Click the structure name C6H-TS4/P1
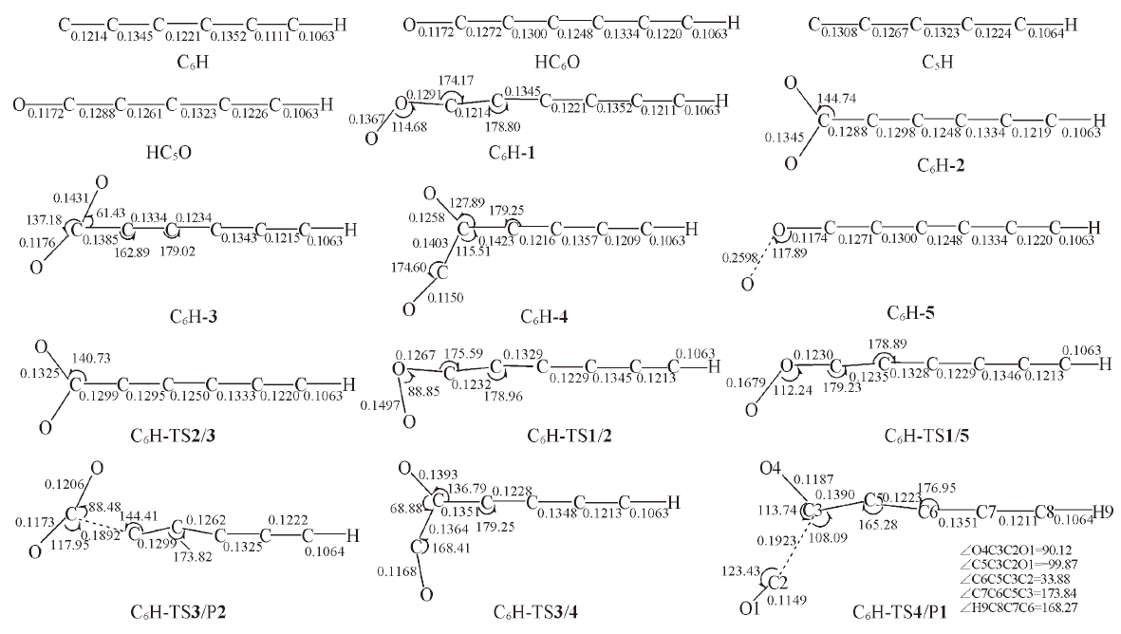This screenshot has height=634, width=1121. coord(899,612)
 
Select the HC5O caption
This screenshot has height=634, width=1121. coord(169,153)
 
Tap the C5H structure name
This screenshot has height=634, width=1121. coord(937,63)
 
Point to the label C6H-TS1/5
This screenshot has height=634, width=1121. coord(926,436)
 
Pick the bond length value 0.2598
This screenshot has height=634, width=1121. coord(739,257)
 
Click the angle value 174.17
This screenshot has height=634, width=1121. coord(457,81)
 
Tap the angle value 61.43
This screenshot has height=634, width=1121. coord(111,214)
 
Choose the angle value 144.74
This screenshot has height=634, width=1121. coord(836,98)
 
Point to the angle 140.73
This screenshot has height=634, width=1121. coord(91,358)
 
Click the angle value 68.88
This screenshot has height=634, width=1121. coord(407,508)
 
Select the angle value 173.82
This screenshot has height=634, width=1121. coord(193,555)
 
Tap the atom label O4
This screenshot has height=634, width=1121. coord(770,469)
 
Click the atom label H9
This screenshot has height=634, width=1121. coord(1102,512)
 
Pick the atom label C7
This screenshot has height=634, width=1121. coord(986,512)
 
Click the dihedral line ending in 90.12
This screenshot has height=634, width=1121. coord(1018,550)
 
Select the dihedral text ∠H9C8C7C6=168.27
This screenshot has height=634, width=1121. coord(1018,607)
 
